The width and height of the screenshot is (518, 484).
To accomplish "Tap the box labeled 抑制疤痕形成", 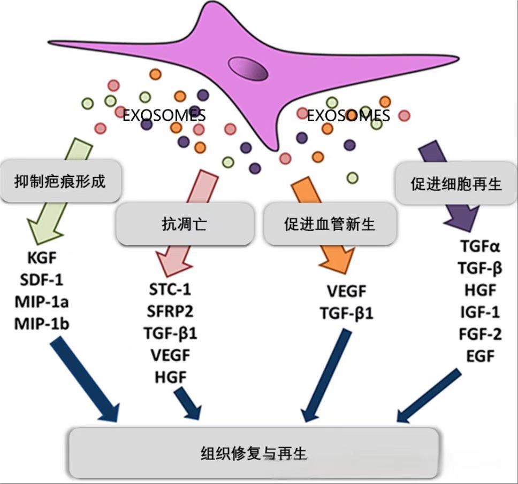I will (x=59, y=182).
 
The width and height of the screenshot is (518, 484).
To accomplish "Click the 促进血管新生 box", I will (x=330, y=224).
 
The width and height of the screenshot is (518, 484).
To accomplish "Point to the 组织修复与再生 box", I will (x=254, y=453).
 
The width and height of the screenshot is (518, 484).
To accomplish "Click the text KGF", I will (x=41, y=259).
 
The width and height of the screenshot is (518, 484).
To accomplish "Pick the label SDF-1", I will (x=41, y=280).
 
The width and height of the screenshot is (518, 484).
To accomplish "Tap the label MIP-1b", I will (x=41, y=323).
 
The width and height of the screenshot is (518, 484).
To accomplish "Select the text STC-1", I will (x=170, y=291).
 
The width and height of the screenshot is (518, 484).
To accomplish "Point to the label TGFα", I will (x=480, y=247).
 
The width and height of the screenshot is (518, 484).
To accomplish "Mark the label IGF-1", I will (x=480, y=312).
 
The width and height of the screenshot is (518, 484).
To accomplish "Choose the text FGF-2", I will (x=480, y=334).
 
